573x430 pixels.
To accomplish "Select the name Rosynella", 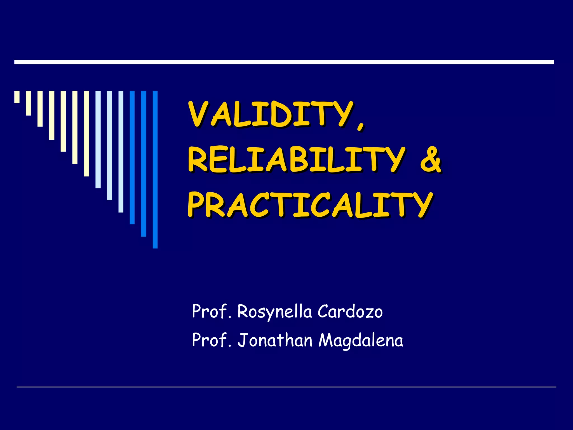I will pyautogui.click(x=274, y=312).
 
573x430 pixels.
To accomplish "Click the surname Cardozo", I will pyautogui.click(x=350, y=312).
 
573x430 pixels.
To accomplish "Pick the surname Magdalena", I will pyautogui.click(x=361, y=341).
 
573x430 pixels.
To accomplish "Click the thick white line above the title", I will pyautogui.click(x=284, y=62).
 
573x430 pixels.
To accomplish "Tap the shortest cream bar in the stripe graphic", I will pyautogui.click(x=17, y=97).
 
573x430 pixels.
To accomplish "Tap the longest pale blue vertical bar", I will pyautogui.click(x=121, y=151).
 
